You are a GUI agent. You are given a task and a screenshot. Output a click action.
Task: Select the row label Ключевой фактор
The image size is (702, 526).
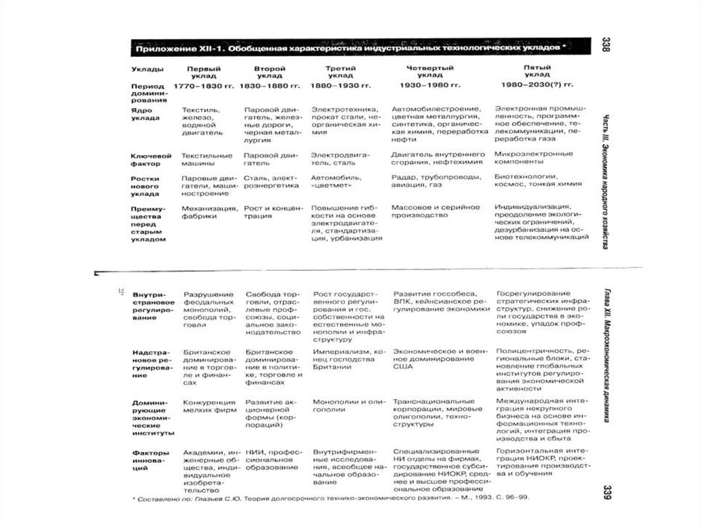[150, 159]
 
